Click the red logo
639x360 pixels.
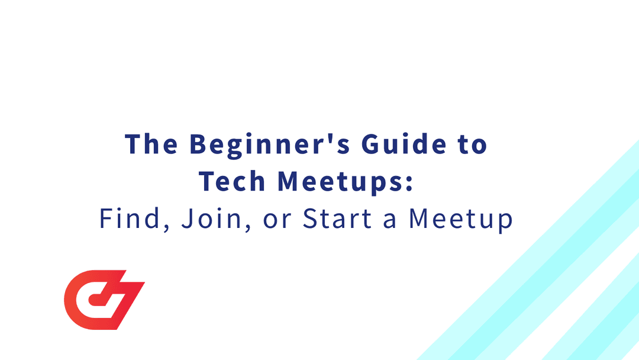click(x=104, y=300)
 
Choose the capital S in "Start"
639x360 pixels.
click(x=311, y=219)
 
